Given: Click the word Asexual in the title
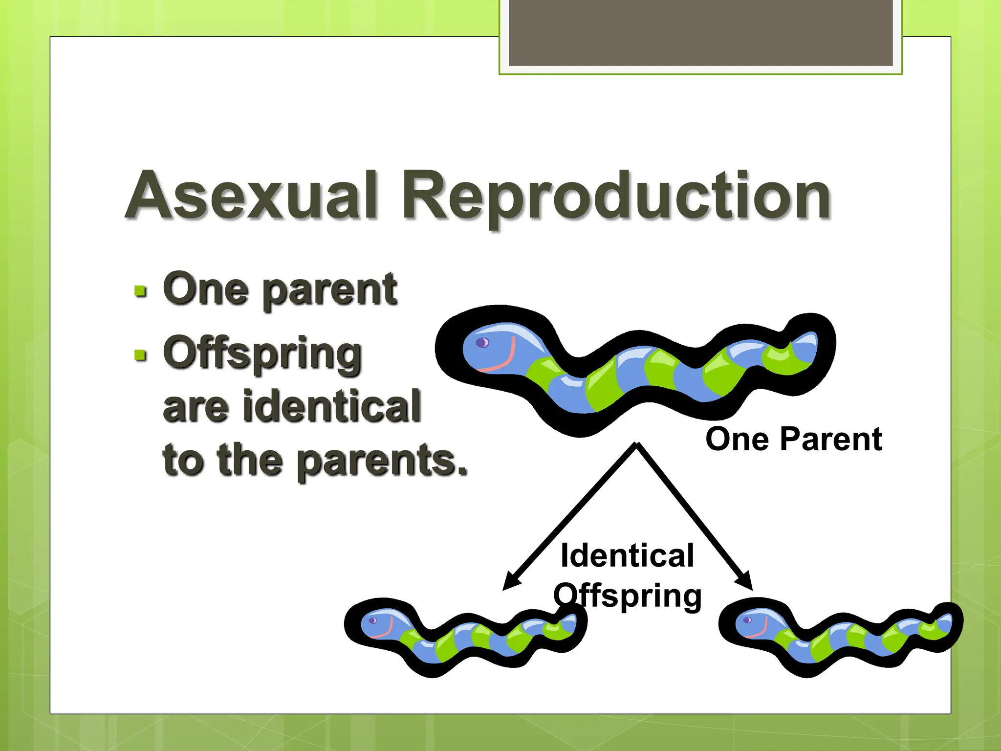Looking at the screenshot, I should pos(252,196).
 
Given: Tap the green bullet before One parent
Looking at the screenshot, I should pos(140,292).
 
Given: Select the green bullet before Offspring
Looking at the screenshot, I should pos(140,355).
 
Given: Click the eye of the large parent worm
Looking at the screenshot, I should pos(482,342).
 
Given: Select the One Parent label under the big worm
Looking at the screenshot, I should pos(793,439).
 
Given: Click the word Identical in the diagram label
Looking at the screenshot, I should pos(627,555).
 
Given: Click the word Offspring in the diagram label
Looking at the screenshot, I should pos(628,596).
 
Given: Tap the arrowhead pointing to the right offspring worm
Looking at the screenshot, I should pos(745,583).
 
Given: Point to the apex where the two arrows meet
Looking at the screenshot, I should pos(636,444).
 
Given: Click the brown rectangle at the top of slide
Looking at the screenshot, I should pos(700,32).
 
